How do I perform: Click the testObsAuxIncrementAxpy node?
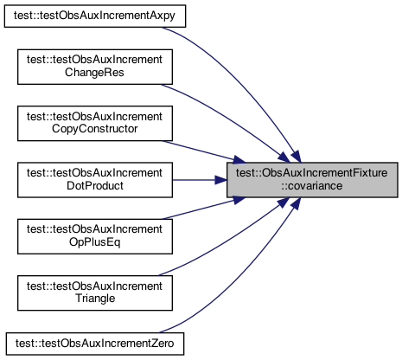pyautogui.click(x=95, y=16)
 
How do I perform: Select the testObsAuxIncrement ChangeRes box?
pyautogui.click(x=95, y=67)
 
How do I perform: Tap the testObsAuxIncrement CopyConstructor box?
pyautogui.click(x=95, y=124)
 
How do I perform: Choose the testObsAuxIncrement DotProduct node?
pyautogui.click(x=95, y=180)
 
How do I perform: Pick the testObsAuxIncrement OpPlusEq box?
pyautogui.click(x=95, y=236)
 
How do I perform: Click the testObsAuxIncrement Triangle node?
pyautogui.click(x=95, y=293)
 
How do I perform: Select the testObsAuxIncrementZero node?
pyautogui.click(x=95, y=344)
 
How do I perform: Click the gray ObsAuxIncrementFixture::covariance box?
pyautogui.click(x=312, y=180)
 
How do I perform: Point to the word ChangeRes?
pyautogui.click(x=94, y=73)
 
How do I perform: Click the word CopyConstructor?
pyautogui.click(x=94, y=129)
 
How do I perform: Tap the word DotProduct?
pyautogui.click(x=95, y=185)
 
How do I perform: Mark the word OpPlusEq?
pyautogui.click(x=94, y=242)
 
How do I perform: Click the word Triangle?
pyautogui.click(x=95, y=299)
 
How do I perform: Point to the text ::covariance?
pyautogui.click(x=312, y=186)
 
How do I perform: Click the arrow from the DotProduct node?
pyautogui.click(x=200, y=180)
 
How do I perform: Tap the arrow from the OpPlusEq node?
pyautogui.click(x=203, y=209)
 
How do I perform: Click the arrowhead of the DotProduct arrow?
pyautogui.click(x=220, y=180)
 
